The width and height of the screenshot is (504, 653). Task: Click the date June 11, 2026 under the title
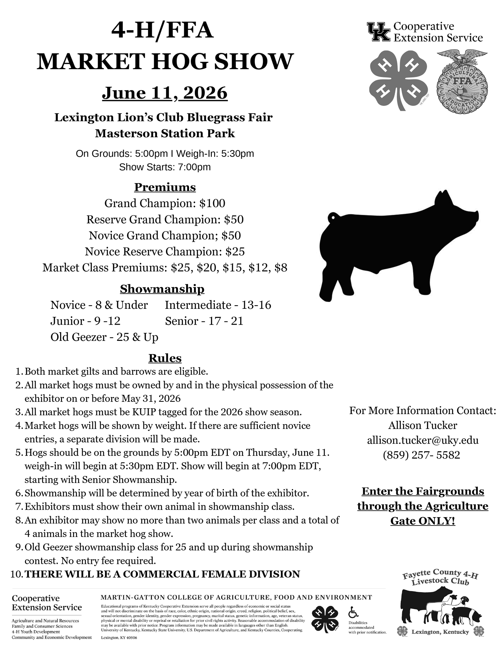pyautogui.click(x=165, y=93)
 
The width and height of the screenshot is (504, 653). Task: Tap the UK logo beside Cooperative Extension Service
pyautogui.click(x=378, y=32)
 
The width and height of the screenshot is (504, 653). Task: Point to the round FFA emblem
pyautogui.click(x=462, y=83)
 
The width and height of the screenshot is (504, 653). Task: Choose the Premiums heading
pyautogui.click(x=165, y=187)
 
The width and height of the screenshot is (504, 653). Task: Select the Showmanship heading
pyautogui.click(x=162, y=289)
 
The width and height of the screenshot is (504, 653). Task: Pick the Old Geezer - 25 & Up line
pyautogui.click(x=104, y=337)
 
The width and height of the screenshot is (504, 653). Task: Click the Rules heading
pyautogui.click(x=165, y=358)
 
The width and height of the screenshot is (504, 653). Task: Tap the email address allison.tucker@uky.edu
pyautogui.click(x=423, y=440)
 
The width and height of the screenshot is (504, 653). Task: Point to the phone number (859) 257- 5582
pyautogui.click(x=421, y=455)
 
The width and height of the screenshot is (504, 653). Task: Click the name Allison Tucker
pyautogui.click(x=423, y=425)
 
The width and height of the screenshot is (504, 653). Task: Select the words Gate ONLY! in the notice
pyautogui.click(x=423, y=521)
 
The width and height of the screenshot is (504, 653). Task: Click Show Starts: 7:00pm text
pyautogui.click(x=165, y=167)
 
